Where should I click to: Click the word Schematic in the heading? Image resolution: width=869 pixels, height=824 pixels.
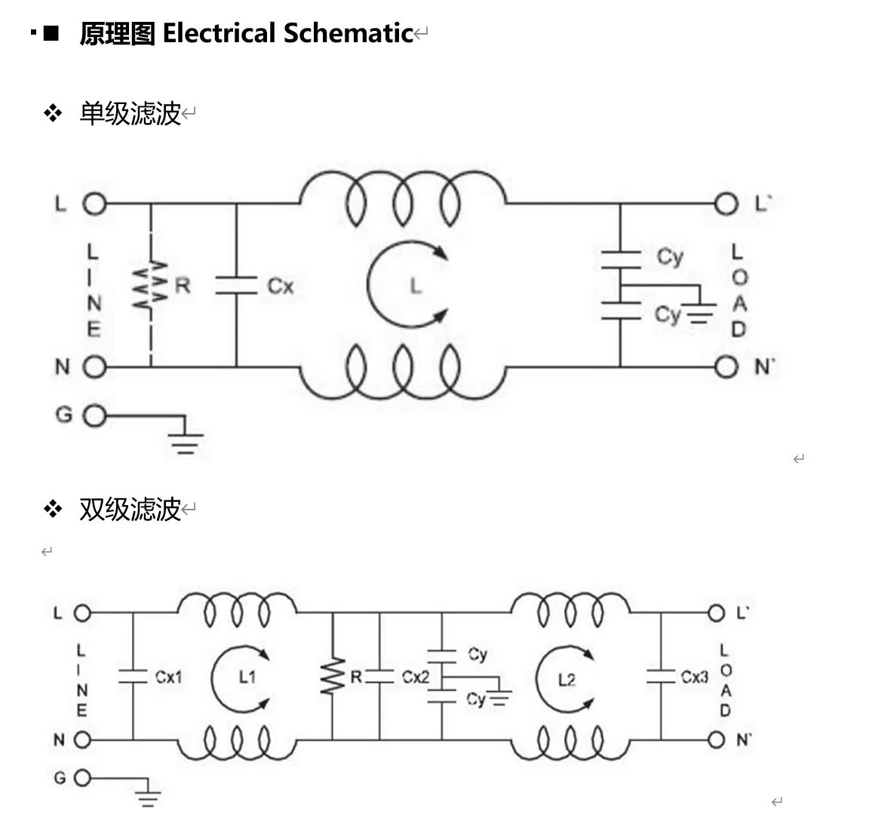tap(348, 33)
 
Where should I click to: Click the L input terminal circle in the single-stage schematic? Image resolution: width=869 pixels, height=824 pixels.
tap(94, 204)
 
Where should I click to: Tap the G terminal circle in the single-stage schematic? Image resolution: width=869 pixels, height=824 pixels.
tap(94, 415)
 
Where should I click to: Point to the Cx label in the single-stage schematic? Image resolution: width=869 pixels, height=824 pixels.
tap(280, 286)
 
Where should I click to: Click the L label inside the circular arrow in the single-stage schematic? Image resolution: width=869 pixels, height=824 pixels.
tap(415, 285)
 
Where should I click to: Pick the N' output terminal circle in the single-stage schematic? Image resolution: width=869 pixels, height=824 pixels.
tap(726, 367)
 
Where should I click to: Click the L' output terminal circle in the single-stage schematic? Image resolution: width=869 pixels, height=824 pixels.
tap(726, 204)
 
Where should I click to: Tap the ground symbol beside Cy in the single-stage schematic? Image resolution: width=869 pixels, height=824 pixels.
tap(701, 314)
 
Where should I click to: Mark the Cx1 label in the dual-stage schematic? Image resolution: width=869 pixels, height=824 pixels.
tap(169, 677)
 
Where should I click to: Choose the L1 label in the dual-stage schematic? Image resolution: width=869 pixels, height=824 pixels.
tap(247, 677)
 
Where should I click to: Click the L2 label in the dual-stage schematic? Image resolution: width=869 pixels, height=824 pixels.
tap(567, 680)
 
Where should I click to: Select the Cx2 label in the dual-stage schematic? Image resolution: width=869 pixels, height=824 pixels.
tap(415, 677)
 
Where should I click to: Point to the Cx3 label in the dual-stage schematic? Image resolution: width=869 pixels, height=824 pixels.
tap(694, 677)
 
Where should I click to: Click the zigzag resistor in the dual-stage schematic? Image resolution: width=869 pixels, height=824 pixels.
tap(332, 676)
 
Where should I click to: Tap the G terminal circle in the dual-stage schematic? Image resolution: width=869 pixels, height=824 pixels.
tap(82, 778)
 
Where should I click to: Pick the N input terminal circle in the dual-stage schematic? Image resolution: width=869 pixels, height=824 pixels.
tap(82, 740)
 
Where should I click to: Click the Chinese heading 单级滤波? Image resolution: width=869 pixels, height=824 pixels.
tap(130, 114)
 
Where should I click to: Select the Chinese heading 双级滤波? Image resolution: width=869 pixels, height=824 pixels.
tap(130, 510)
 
